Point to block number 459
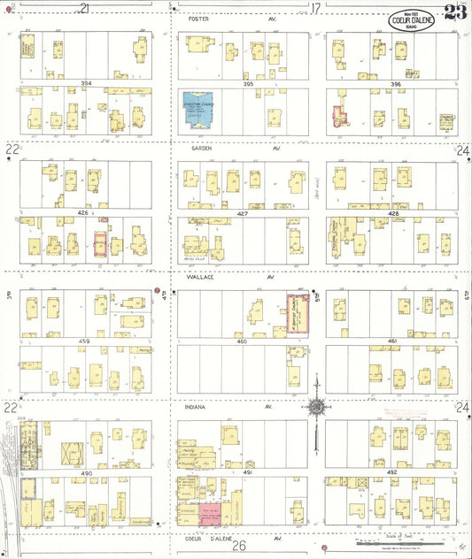tap(86, 341)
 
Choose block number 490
tap(86, 474)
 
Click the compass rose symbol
tap(316, 408)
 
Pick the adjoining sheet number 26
tap(239, 547)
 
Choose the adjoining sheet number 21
tap(85, 8)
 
